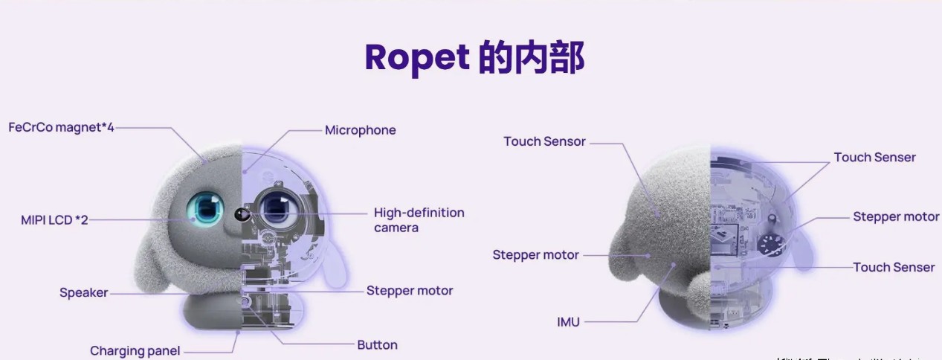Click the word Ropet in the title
pyautogui.click(x=416, y=58)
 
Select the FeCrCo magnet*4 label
pyautogui.click(x=61, y=127)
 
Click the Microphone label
pyautogui.click(x=360, y=130)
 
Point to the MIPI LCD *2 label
pyautogui.click(x=54, y=220)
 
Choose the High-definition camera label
pyautogui.click(x=419, y=219)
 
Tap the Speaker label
pyautogui.click(x=83, y=293)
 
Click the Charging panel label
pyautogui.click(x=135, y=350)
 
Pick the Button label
pyautogui.click(x=377, y=345)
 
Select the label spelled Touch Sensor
pyautogui.click(x=544, y=141)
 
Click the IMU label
pyautogui.click(x=568, y=322)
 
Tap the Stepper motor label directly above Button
pyautogui.click(x=409, y=291)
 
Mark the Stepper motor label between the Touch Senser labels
pyautogui.click(x=896, y=217)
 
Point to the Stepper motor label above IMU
pyautogui.click(x=535, y=255)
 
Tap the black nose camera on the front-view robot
pyautogui.click(x=241, y=214)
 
